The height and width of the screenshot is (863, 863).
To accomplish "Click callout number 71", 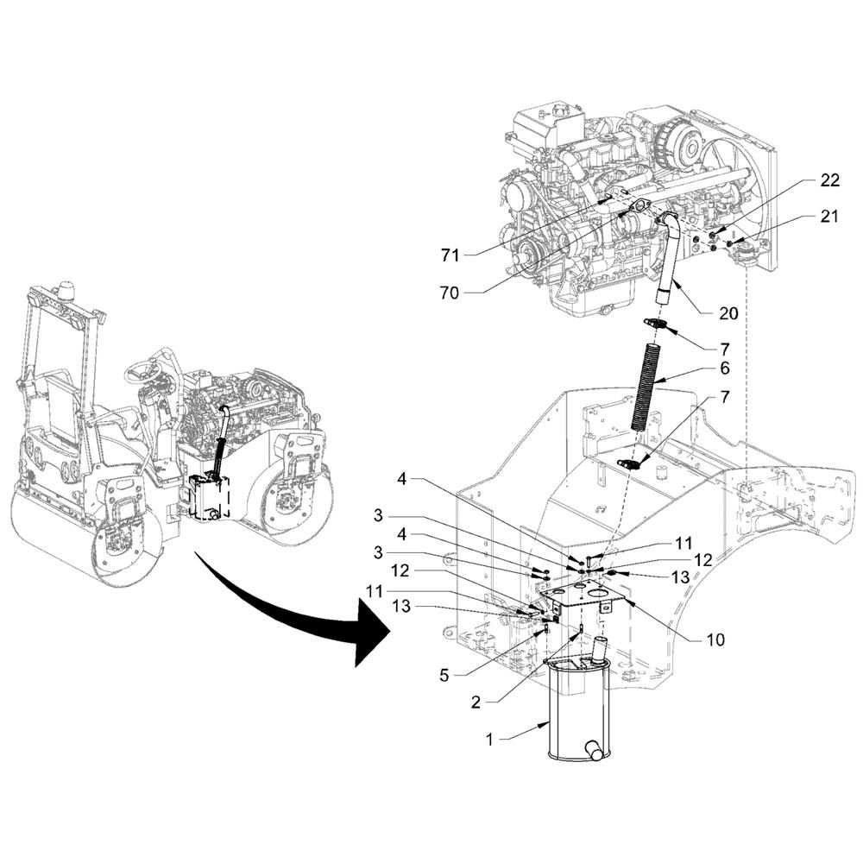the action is [x=450, y=255].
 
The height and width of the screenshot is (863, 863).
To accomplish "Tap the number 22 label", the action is [x=829, y=180].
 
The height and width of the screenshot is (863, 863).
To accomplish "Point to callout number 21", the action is [x=828, y=217].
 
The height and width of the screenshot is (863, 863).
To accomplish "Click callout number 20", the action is [x=728, y=313].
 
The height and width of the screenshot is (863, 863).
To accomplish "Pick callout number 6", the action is [x=725, y=368].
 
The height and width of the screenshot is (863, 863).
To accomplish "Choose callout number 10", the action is [x=715, y=639].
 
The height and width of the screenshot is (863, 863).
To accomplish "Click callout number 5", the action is [x=444, y=676].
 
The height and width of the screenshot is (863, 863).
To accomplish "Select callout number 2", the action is [x=476, y=702].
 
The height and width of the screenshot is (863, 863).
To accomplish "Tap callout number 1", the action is [x=489, y=740].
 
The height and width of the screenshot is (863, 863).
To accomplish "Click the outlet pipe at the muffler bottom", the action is [x=593, y=750].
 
